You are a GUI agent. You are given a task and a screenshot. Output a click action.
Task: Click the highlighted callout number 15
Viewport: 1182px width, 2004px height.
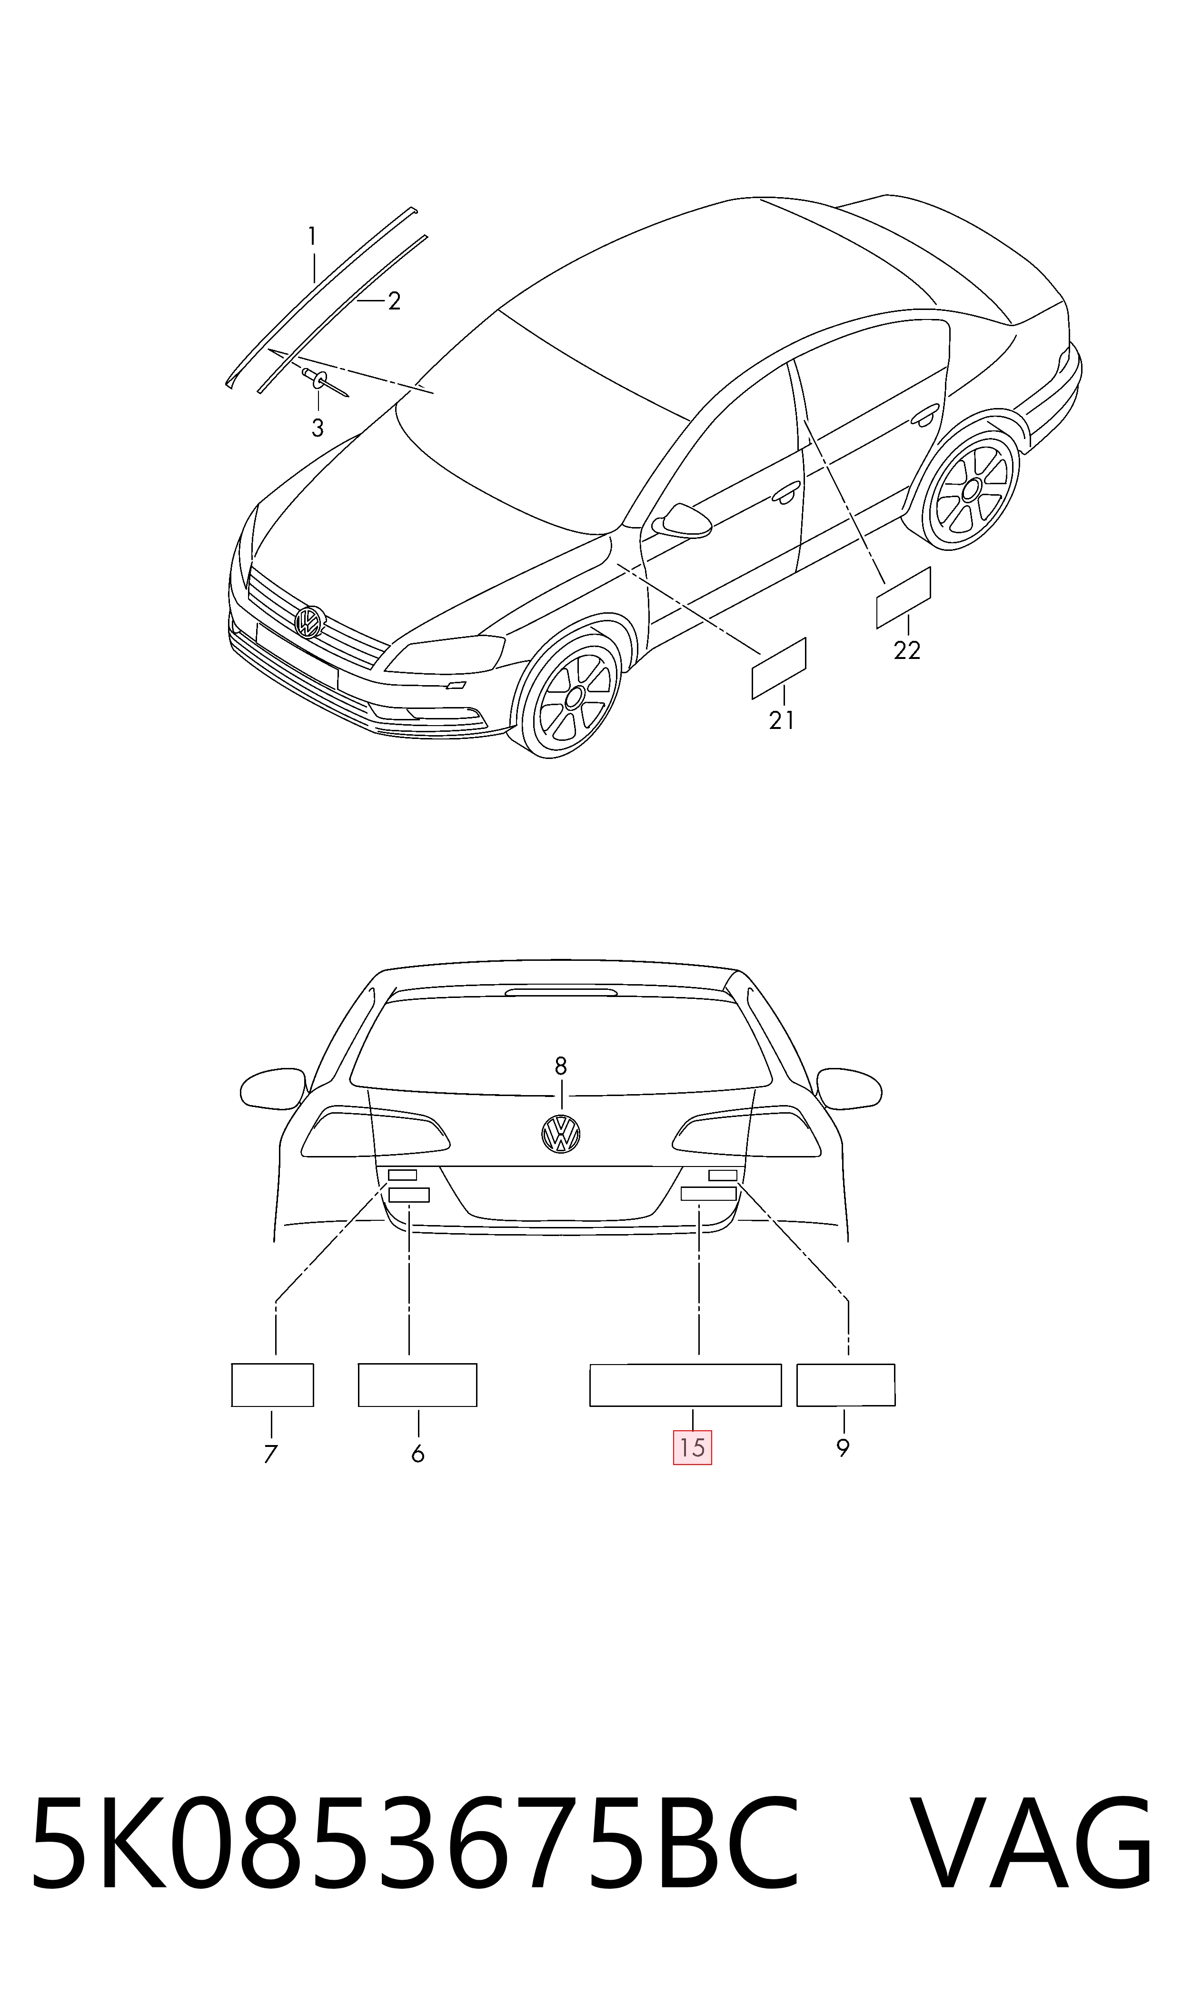click(692, 1447)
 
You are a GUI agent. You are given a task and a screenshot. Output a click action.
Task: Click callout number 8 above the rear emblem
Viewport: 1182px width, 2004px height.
click(561, 1066)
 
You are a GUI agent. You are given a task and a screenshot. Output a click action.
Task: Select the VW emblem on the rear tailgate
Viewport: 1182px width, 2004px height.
click(561, 1134)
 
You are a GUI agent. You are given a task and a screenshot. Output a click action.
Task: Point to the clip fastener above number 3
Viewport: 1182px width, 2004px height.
click(323, 381)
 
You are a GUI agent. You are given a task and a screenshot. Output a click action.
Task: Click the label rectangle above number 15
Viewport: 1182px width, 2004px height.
click(685, 1385)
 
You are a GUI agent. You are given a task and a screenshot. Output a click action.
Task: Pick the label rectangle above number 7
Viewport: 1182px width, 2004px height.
click(272, 1385)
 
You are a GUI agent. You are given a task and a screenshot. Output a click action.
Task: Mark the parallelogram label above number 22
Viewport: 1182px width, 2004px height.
click(903, 598)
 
